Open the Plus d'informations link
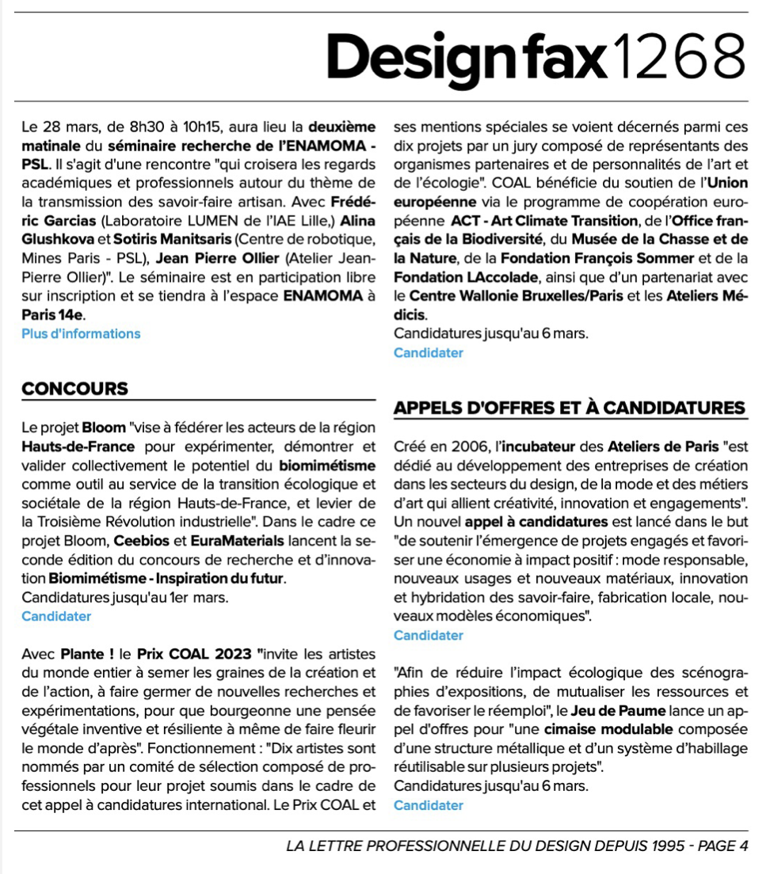81,333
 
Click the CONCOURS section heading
74,389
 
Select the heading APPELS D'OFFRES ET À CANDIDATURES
570,408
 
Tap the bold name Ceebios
140,540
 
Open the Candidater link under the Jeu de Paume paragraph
428,805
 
